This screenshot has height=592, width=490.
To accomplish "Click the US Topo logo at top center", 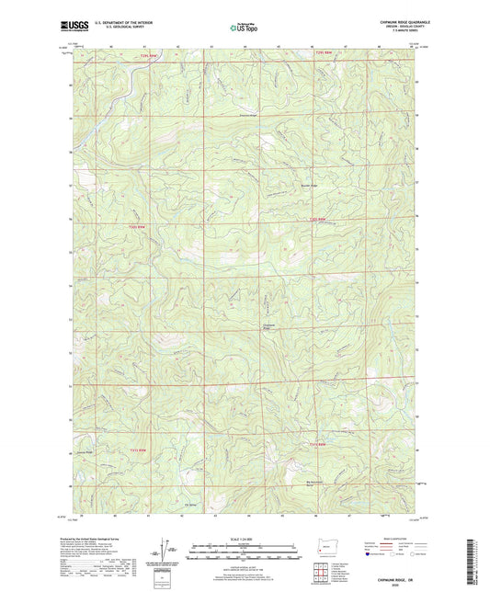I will tap(244, 28).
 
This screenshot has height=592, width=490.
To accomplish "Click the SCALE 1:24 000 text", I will tap(244, 539).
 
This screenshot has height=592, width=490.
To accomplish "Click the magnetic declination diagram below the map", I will tap(163, 552).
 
